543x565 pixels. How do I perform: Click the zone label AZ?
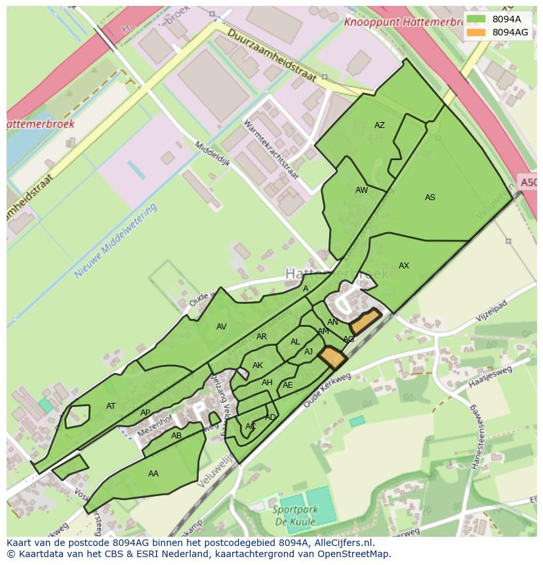[379, 125]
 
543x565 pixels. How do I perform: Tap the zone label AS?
[430, 198]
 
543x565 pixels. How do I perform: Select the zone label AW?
[361, 190]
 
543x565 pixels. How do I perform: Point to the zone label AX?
[404, 266]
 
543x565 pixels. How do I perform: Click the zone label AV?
[221, 327]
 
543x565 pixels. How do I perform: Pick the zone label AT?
[111, 406]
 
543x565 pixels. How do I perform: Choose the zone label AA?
[153, 474]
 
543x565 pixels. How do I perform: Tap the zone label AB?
[176, 436]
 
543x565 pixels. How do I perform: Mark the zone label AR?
[262, 337]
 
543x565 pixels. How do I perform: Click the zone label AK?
[258, 366]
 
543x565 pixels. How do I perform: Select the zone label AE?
[287, 385]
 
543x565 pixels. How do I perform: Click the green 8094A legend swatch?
[477, 19]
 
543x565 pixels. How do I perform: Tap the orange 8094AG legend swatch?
[477, 32]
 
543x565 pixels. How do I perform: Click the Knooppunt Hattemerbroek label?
[401, 21]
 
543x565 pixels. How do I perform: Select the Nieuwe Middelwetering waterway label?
[116, 240]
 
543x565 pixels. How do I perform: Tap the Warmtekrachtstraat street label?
[271, 150]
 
